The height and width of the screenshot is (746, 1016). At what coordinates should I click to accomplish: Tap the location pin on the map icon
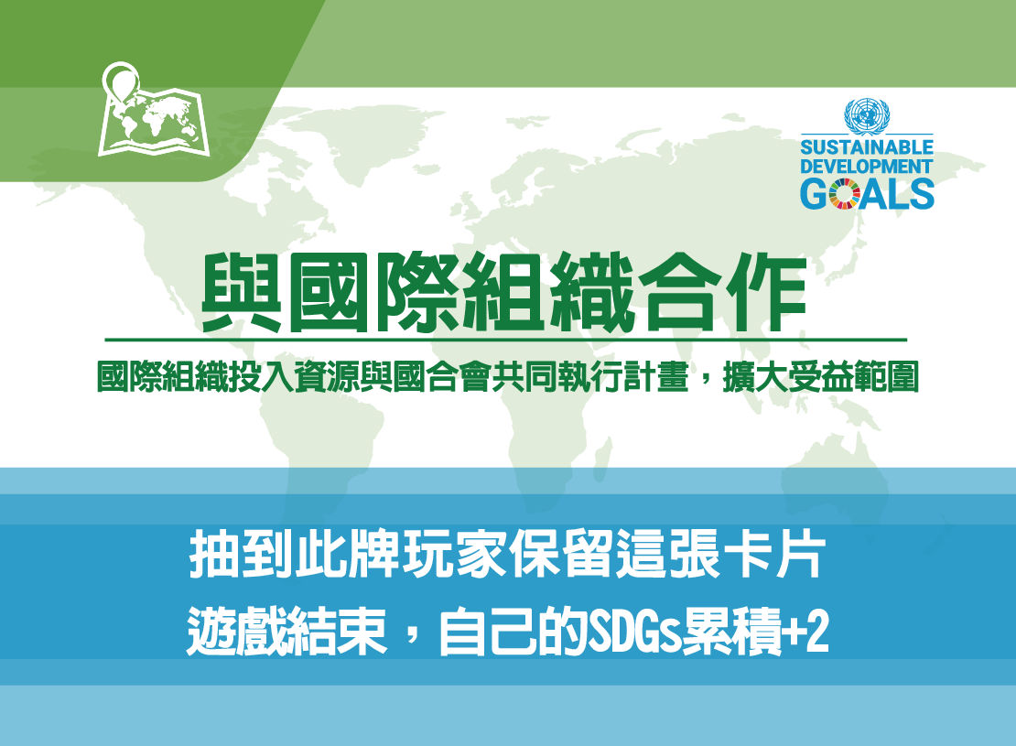(121, 81)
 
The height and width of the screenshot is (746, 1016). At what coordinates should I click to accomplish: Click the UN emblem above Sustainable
(866, 115)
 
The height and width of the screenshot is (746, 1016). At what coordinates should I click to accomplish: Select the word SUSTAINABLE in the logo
(866, 147)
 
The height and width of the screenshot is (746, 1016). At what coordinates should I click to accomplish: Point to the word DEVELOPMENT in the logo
(866, 166)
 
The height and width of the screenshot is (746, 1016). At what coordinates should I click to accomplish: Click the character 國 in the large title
(330, 292)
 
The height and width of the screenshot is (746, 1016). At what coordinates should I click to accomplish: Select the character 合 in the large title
(679, 292)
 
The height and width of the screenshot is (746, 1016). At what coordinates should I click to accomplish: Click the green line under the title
(506, 340)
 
